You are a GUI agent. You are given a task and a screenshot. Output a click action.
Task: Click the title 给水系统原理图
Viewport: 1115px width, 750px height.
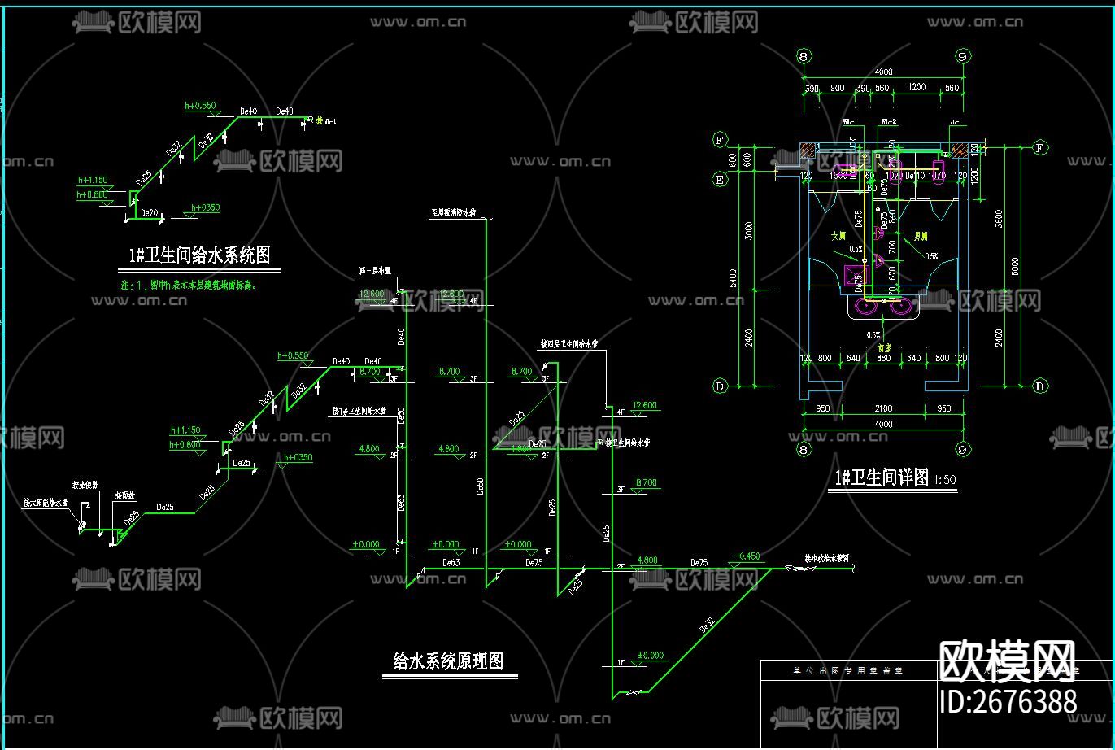tap(448, 661)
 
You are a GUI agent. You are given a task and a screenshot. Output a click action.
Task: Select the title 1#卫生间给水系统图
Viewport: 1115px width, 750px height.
tap(199, 255)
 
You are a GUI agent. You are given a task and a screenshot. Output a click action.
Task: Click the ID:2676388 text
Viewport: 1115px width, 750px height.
tap(1008, 701)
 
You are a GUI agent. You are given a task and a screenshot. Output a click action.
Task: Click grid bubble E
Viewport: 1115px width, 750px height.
tap(719, 181)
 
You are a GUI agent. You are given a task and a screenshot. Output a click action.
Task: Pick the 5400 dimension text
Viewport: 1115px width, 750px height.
tap(734, 279)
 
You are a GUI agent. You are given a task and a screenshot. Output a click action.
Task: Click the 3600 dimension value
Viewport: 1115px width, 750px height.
tap(998, 220)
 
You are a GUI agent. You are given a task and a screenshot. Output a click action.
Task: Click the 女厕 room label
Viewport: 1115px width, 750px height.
tap(838, 237)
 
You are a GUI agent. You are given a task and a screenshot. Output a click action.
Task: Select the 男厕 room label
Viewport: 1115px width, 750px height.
tap(921, 237)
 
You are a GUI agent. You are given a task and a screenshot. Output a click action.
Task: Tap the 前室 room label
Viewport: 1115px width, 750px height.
tap(884, 347)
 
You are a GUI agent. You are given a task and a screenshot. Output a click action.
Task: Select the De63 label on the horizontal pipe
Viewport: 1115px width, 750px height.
tap(451, 562)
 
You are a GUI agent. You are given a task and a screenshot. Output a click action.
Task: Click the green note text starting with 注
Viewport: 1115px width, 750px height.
tap(190, 286)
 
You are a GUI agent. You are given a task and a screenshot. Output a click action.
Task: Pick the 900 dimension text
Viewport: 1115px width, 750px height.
tap(837, 88)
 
